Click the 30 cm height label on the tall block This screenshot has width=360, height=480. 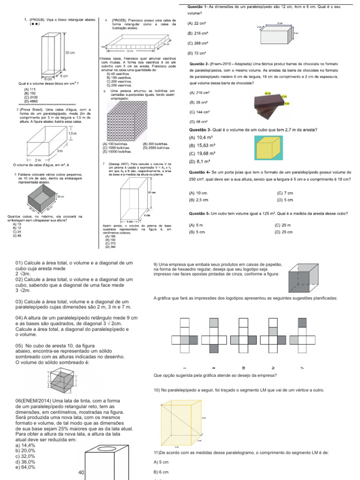point(70,52)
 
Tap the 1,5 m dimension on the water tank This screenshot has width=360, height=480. point(73,134)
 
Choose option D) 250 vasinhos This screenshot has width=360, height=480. point(119,85)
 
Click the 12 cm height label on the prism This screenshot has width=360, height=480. point(151,193)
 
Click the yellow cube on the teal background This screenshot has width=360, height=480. point(270,147)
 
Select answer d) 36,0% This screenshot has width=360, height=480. point(25,461)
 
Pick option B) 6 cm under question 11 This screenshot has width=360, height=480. point(162,472)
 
